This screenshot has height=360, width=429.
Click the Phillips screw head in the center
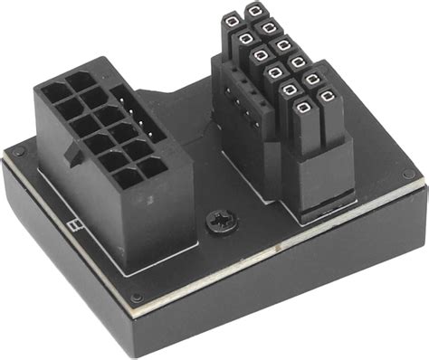coord(217,221)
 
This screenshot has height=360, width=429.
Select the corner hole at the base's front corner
coord(136,298)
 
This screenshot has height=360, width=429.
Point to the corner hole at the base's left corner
coord(16,150)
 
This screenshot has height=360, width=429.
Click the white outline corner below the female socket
coord(127,269)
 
